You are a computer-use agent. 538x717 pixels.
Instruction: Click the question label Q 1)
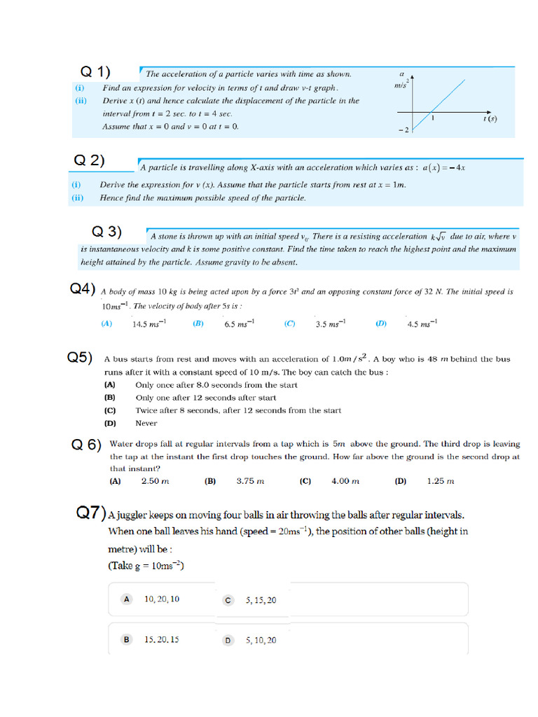95,72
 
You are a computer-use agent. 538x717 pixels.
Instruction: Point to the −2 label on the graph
403,131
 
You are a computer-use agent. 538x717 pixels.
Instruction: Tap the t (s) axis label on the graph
490,119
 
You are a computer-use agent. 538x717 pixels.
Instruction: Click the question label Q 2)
90,160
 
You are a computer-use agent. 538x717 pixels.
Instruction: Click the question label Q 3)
107,232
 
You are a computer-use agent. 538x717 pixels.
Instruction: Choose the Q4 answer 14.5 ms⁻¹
149,323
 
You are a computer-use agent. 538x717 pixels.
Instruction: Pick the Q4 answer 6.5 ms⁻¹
239,323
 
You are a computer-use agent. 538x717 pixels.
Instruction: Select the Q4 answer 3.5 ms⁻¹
331,323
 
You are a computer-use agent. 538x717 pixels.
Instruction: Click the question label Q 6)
87,445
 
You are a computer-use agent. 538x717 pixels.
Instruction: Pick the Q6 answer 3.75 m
249,481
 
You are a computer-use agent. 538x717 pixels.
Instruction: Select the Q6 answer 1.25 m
440,481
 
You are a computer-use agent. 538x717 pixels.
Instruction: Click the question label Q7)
91,514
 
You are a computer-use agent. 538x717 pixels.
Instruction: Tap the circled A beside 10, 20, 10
126,599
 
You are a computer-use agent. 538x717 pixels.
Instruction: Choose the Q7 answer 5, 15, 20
261,600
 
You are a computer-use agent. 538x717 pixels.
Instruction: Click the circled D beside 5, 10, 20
228,640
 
